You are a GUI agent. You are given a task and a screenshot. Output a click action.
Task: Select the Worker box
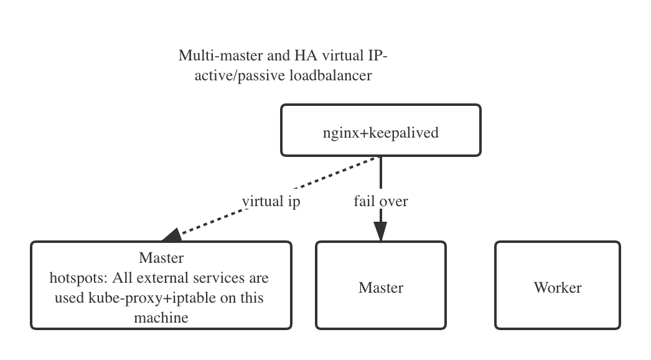click(557, 287)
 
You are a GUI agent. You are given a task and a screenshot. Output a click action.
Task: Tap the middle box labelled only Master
click(380, 287)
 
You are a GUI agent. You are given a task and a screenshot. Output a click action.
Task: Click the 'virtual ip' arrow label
click(271, 202)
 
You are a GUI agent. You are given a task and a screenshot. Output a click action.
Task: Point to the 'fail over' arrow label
click(380, 202)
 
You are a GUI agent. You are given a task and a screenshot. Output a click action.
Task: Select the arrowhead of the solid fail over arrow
click(380, 233)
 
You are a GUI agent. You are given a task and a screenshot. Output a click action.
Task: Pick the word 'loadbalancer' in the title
click(334, 75)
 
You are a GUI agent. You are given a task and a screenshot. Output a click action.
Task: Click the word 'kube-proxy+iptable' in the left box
click(148, 298)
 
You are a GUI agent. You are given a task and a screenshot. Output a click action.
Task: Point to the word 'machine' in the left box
click(161, 318)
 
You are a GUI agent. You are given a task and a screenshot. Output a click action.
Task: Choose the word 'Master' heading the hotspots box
click(161, 257)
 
